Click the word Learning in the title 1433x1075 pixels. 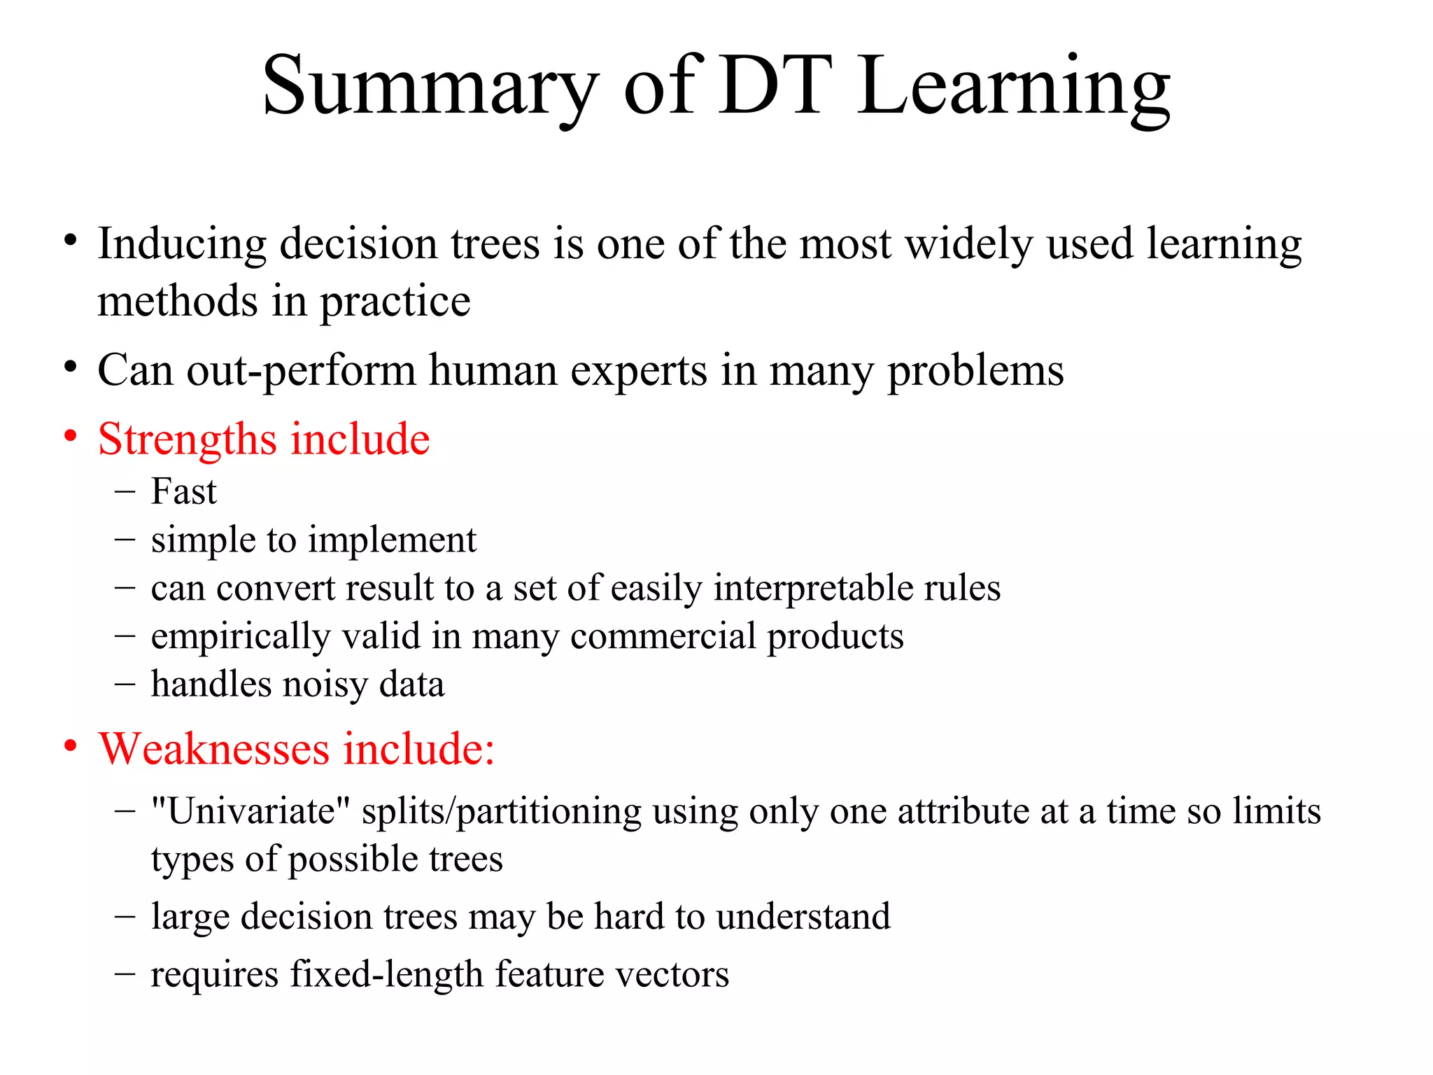click(1014, 87)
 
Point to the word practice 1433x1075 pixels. click(395, 303)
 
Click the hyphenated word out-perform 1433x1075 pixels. click(301, 371)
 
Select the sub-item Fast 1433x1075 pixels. click(183, 491)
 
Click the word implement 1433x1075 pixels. click(393, 541)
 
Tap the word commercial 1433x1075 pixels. click(663, 636)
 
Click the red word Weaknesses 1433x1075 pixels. click(214, 750)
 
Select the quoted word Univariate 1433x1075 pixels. click(250, 812)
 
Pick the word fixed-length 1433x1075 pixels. click(386, 975)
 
